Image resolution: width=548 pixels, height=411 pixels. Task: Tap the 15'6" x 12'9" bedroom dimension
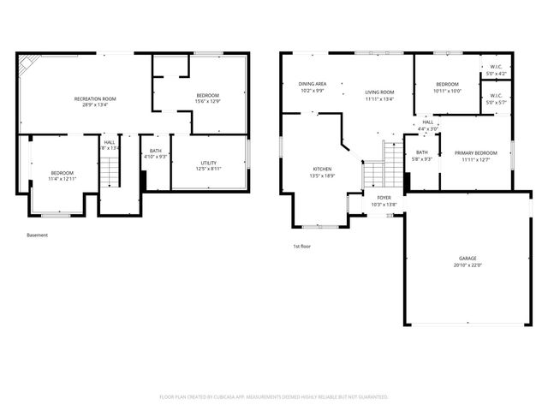207,101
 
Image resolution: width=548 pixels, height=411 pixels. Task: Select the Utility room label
208,162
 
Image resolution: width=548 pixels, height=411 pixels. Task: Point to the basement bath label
156,151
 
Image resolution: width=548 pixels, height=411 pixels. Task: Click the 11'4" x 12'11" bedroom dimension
63,179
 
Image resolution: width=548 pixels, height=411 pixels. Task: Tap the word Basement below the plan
38,235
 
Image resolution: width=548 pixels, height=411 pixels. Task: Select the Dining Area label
312,84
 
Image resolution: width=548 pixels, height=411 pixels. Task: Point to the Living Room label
379,92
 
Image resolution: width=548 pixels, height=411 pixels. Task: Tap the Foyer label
384,198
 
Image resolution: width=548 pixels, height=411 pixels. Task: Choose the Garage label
467,258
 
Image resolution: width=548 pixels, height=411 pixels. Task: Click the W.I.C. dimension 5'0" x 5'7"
495,103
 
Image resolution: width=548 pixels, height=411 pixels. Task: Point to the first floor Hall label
427,122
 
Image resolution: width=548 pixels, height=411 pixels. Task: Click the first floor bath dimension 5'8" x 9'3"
422,158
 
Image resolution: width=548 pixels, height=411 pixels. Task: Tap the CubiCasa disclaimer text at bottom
274,396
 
